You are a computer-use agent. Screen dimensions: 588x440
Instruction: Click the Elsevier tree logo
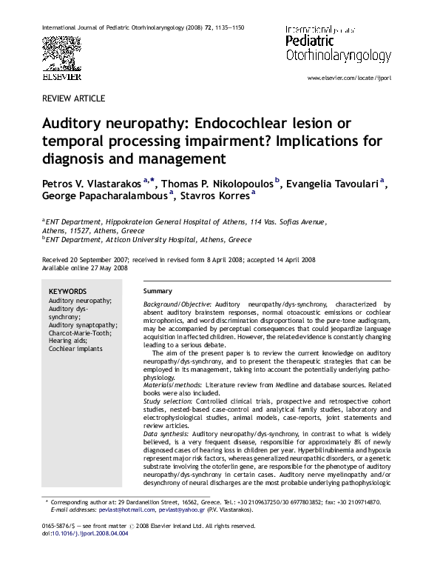click(x=61, y=54)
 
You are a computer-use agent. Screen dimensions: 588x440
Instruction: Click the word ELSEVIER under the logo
click(x=61, y=76)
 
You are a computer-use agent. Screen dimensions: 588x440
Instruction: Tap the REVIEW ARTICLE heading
click(x=74, y=98)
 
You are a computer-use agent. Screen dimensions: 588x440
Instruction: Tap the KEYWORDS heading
click(x=67, y=292)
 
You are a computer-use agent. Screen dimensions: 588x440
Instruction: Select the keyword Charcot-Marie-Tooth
click(x=80, y=333)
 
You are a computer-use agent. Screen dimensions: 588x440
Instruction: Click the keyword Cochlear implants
click(x=76, y=349)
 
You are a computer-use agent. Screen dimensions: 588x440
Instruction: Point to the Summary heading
click(x=158, y=291)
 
